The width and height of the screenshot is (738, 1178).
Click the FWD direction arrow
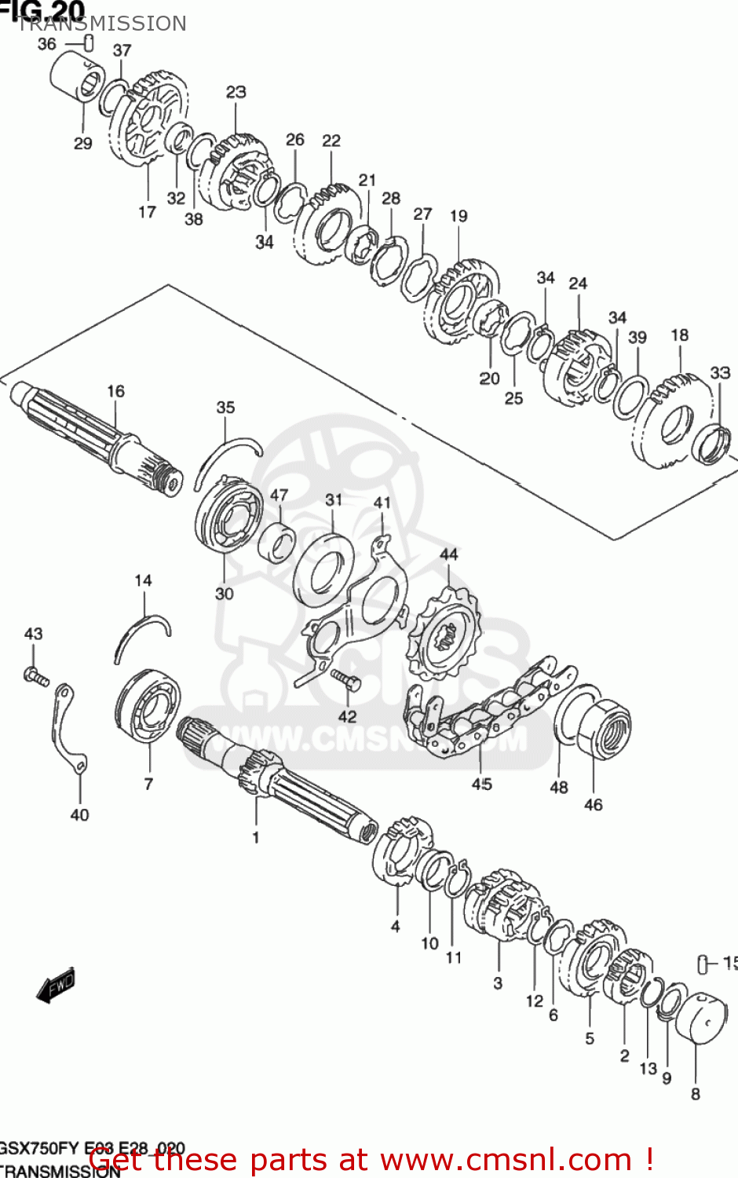56,985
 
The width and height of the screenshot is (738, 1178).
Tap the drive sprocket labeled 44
444,636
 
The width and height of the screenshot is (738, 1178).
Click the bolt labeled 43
36,675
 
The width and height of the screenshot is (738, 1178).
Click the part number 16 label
115,391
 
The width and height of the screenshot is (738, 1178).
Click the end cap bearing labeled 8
701,1018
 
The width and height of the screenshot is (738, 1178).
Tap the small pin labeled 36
89,42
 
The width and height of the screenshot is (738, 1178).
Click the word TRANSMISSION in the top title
102,24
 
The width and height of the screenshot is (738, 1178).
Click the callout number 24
578,284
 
